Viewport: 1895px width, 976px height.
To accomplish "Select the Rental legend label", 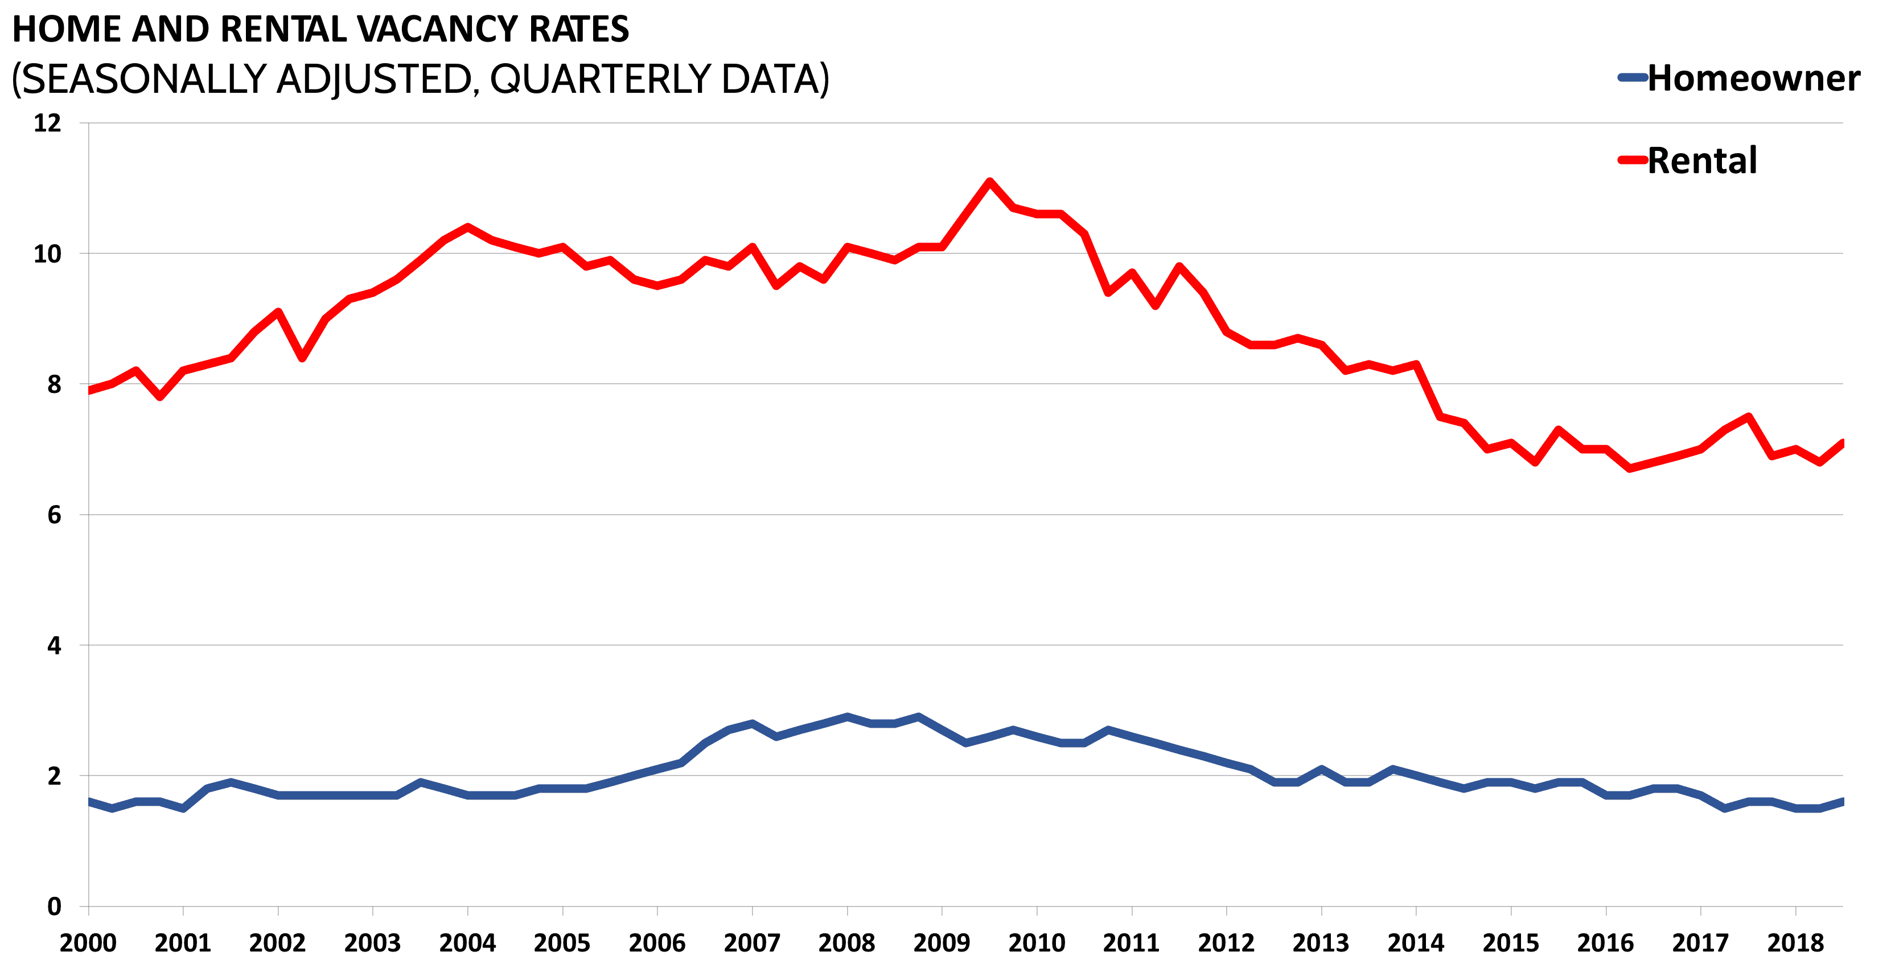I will (1701, 161).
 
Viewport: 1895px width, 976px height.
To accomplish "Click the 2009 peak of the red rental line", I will (989, 181).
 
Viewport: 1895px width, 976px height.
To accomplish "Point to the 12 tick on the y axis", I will (47, 123).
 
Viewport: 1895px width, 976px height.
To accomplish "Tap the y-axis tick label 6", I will (54, 515).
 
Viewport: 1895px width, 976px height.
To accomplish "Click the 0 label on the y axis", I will (54, 906).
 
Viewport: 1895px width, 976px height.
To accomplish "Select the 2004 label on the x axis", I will (467, 943).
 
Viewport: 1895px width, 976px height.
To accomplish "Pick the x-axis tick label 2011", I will (1131, 943).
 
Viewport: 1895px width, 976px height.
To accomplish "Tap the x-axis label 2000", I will (88, 943).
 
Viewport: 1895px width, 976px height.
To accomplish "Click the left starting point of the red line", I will (90, 390).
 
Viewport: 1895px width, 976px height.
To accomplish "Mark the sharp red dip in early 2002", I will (302, 358).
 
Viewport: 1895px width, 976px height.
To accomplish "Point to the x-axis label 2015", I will (1510, 943).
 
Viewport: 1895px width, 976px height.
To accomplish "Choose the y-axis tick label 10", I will (47, 254).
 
